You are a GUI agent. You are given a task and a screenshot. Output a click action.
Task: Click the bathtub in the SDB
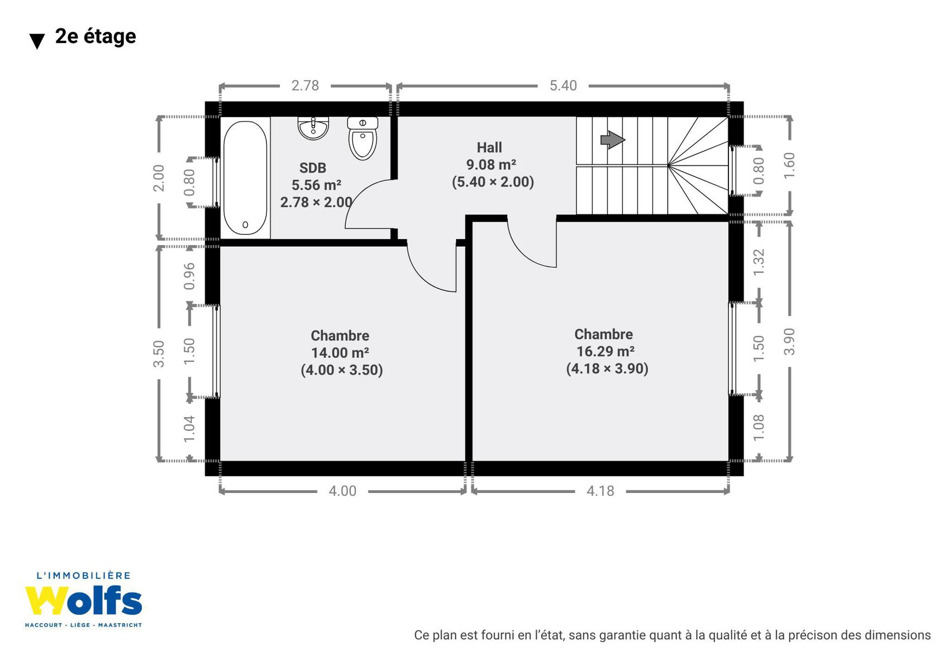tap(245, 178)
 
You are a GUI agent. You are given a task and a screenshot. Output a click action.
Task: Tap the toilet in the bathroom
tap(363, 138)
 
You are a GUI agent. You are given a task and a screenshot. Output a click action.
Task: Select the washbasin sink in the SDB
tap(313, 128)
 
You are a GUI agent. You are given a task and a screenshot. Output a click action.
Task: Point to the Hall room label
tap(489, 147)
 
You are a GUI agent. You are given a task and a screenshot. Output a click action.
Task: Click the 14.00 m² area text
tap(340, 353)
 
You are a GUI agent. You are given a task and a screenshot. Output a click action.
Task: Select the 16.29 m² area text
tap(605, 352)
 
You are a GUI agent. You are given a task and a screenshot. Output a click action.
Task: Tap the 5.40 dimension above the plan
tap(563, 85)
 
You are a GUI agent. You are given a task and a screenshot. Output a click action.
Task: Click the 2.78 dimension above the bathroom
tap(305, 85)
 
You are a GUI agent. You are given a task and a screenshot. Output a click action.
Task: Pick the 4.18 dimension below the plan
tap(600, 491)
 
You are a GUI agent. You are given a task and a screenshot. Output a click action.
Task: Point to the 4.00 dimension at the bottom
tap(343, 491)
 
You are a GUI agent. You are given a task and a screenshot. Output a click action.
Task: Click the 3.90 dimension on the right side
tap(789, 342)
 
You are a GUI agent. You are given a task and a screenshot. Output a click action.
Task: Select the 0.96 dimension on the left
tap(189, 276)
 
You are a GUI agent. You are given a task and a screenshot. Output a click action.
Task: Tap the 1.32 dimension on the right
tap(759, 262)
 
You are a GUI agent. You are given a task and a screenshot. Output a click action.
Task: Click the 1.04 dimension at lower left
tap(189, 429)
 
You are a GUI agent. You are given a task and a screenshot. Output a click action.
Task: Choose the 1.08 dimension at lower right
tap(759, 428)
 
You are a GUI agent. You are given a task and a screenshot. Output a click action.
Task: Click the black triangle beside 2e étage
tap(37, 41)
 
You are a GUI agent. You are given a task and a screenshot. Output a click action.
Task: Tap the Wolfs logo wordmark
tap(83, 601)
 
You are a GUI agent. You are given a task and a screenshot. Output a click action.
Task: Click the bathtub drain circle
tap(245, 225)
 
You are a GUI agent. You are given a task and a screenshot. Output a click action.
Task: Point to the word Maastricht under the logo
tap(120, 625)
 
